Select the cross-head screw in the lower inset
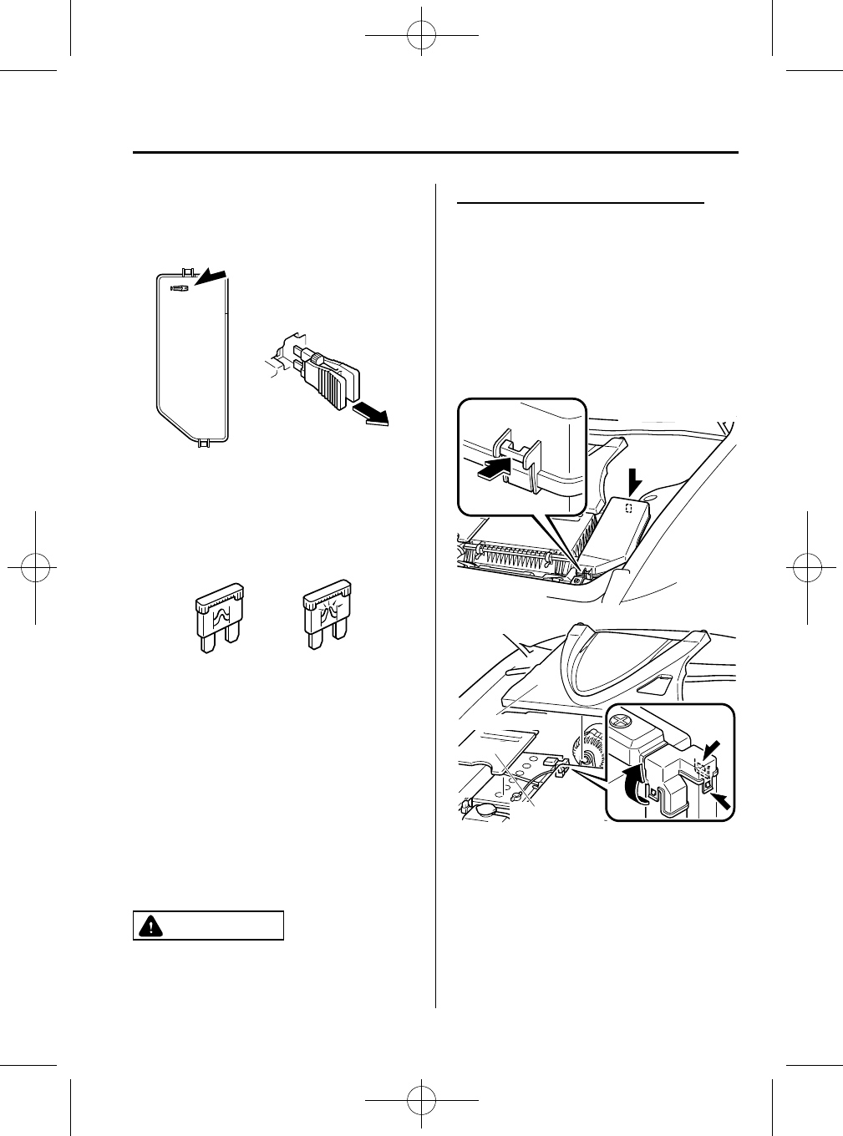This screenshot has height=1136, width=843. tap(623, 717)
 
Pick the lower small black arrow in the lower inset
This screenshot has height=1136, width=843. tap(722, 802)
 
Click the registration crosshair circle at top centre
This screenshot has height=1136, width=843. tap(422, 36)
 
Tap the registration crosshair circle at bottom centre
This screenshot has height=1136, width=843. tap(422, 1098)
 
